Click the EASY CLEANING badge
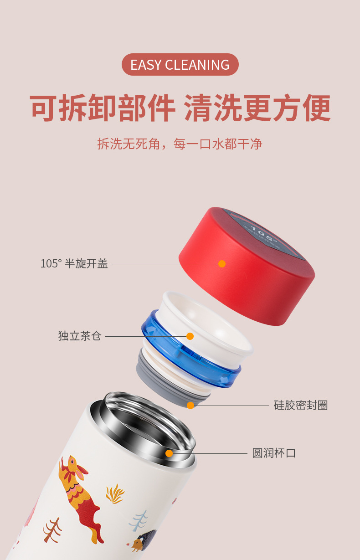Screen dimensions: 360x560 click(180, 65)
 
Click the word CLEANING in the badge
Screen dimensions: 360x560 click(197, 65)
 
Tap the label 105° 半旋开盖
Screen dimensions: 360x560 click(74, 263)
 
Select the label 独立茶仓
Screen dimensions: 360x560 click(79, 336)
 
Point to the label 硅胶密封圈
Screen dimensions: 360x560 click(301, 405)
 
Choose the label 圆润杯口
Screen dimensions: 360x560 click(274, 453)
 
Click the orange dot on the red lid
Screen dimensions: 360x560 click(222, 264)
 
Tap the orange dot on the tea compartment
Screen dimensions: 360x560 click(190, 336)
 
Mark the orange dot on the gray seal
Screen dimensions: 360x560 click(190, 406)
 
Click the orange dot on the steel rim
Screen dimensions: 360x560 click(169, 453)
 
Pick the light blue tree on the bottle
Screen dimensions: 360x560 click(138, 520)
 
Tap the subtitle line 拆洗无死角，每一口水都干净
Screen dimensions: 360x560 click(180, 144)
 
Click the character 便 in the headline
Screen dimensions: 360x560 click(317, 108)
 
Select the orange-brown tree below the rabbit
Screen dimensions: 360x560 click(52, 530)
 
